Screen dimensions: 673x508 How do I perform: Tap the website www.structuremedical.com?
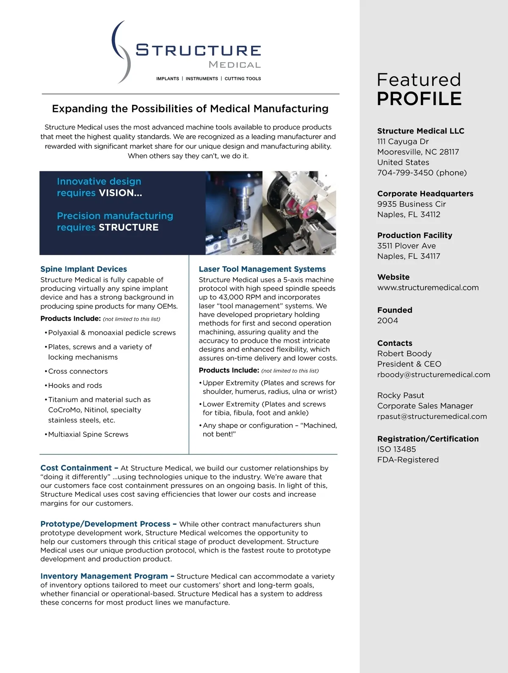[x=428, y=287]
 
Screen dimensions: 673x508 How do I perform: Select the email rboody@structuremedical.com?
[x=433, y=375]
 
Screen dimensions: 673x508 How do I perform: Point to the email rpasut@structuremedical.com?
[x=432, y=416]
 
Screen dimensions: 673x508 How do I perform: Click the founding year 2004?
[x=387, y=320]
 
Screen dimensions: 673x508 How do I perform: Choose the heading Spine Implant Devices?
[x=83, y=269]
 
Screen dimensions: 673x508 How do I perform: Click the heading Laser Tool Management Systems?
[x=262, y=269]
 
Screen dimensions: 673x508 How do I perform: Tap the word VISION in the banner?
[x=118, y=193]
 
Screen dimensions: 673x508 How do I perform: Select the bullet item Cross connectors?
[x=78, y=371]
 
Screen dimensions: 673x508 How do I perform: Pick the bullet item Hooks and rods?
[x=75, y=385]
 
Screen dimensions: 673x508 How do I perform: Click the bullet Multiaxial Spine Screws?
[x=88, y=434]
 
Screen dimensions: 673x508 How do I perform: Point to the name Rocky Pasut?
[x=400, y=395]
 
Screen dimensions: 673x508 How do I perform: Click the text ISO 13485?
[x=396, y=449]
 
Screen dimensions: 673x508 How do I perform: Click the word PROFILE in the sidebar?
[x=419, y=98]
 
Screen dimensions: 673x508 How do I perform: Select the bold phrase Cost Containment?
[x=76, y=468]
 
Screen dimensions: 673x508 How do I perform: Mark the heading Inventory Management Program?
[x=104, y=576]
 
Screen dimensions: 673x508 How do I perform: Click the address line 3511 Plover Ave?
[x=406, y=246]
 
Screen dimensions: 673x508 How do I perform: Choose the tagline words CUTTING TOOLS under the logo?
[x=243, y=78]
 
